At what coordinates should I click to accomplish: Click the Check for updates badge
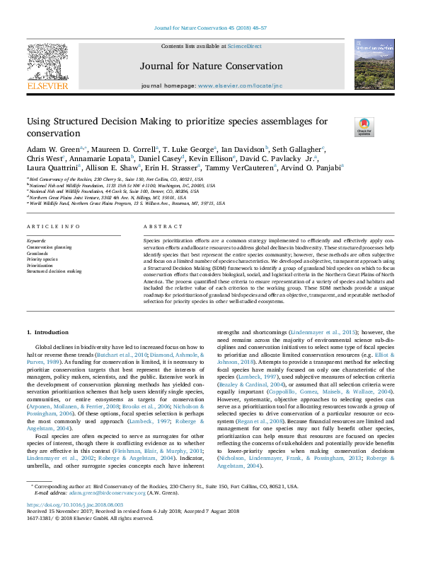pos(364,127)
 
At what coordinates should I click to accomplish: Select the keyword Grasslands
pos(39,254)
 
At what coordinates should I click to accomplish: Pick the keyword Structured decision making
pos(54,271)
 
